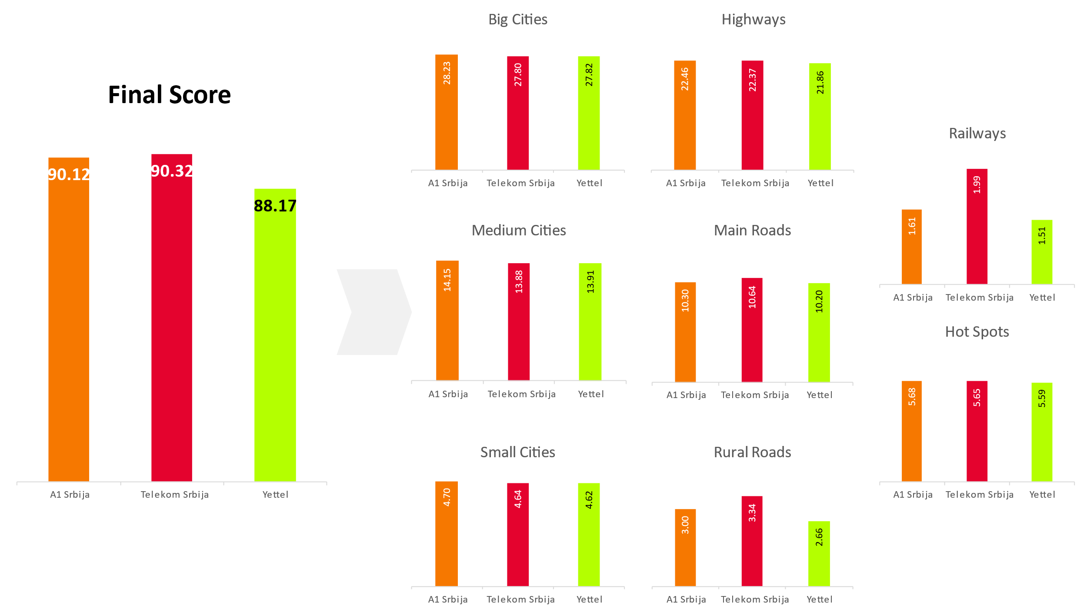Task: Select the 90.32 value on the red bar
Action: click(x=172, y=171)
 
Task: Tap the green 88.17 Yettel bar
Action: click(x=275, y=339)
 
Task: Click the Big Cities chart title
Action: click(x=517, y=20)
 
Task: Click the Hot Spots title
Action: click(x=977, y=332)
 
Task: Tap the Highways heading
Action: click(x=753, y=20)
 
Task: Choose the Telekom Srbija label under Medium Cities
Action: click(x=521, y=394)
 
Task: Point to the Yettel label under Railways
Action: click(x=1042, y=298)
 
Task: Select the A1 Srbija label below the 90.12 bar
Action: click(x=70, y=495)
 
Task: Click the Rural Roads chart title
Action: click(x=752, y=452)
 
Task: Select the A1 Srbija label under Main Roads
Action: click(x=686, y=395)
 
